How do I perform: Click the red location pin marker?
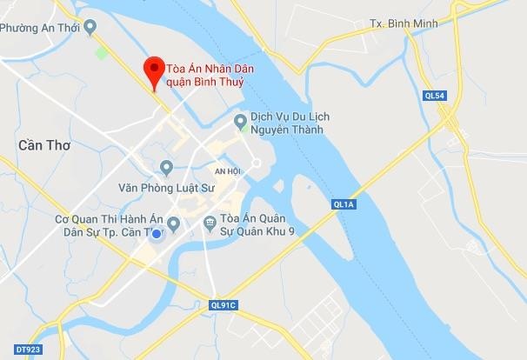[x=155, y=71]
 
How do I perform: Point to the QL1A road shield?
[x=344, y=203]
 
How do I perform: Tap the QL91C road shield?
[x=223, y=305]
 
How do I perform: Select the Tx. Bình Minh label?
[x=401, y=23]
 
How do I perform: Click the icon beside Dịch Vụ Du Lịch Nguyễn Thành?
[x=241, y=122]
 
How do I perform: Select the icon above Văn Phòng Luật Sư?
[x=167, y=166]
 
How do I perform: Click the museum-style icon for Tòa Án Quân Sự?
[x=210, y=223]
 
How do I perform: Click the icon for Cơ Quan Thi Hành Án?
[x=173, y=224]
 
